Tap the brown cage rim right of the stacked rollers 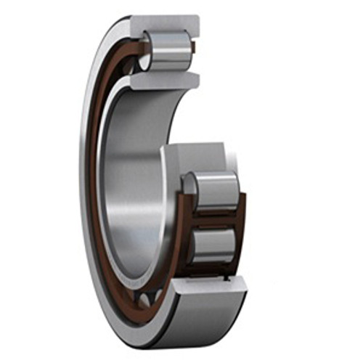(242, 218)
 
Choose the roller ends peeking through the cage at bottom (150, 298)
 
